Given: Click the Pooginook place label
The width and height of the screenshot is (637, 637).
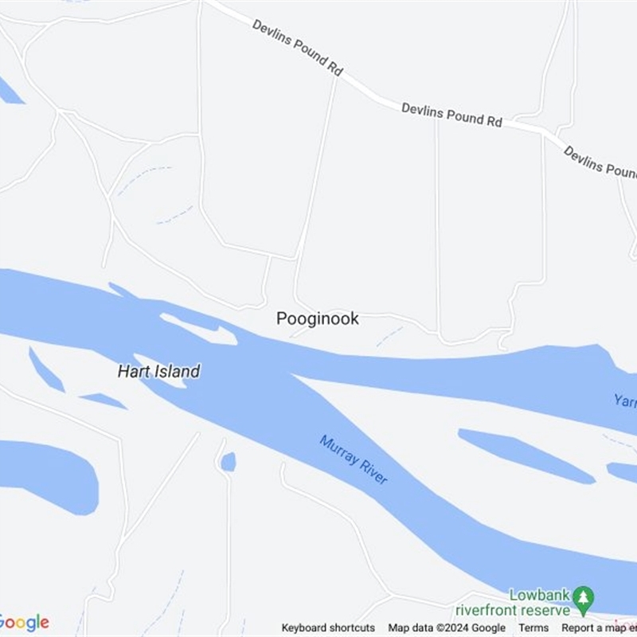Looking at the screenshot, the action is [317, 318].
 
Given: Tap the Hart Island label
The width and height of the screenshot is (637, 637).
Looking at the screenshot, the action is [158, 371].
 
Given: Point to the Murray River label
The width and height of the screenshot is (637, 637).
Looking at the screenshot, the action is [354, 459].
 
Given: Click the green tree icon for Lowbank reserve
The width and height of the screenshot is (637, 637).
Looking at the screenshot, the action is [584, 596].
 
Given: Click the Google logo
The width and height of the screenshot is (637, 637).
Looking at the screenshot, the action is [24, 622].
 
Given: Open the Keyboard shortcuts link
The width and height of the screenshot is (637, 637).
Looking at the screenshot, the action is [328, 627].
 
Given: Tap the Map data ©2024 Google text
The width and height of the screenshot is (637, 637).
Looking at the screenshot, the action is [447, 627].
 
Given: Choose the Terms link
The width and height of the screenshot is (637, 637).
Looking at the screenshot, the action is [533, 627].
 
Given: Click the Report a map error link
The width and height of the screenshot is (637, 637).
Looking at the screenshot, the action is [598, 627].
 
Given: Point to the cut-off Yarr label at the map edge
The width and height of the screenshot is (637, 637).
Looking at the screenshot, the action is [624, 400].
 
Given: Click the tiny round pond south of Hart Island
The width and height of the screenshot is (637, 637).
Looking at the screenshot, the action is [229, 462].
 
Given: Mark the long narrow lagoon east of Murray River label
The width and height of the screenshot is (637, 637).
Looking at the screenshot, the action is [526, 455].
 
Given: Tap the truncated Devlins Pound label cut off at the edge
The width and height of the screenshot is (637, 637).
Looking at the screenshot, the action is [600, 162].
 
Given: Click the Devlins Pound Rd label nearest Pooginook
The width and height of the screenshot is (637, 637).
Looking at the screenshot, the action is [451, 115].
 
